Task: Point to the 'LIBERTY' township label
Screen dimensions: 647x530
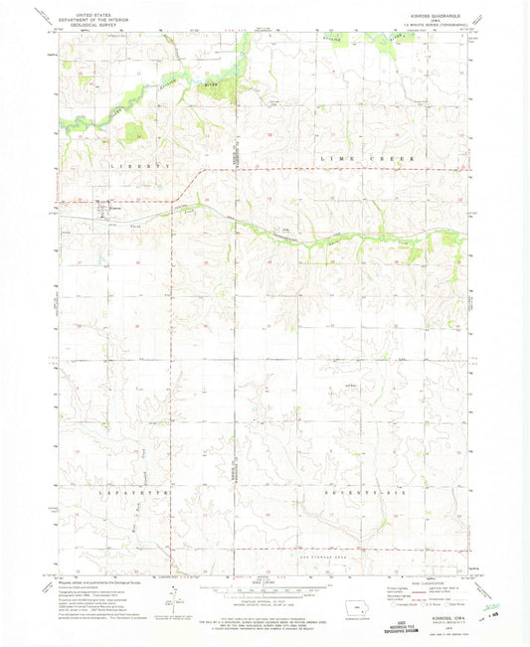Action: click(x=116, y=165)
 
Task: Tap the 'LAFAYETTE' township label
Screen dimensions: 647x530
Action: click(x=117, y=492)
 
